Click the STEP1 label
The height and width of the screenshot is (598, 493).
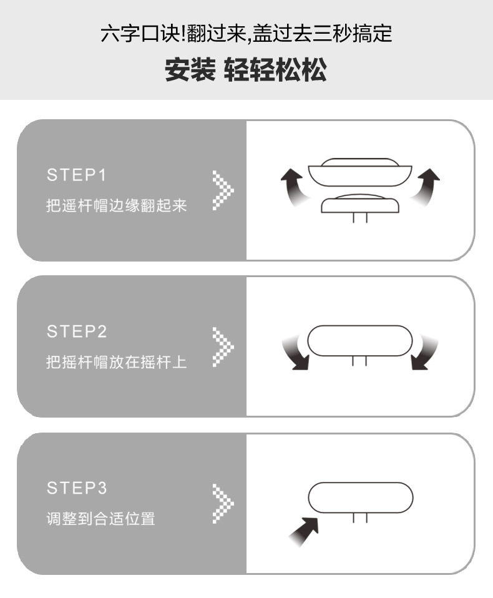[x=77, y=175]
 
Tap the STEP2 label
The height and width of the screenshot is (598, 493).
[x=77, y=331]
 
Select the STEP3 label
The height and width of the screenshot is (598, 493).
[x=77, y=488]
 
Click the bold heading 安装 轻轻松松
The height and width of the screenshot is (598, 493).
[x=246, y=71]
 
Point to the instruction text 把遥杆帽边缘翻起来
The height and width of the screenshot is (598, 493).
[x=117, y=205]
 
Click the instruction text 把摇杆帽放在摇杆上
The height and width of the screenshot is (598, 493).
[x=117, y=362]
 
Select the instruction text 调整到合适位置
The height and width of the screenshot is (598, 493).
[x=100, y=518]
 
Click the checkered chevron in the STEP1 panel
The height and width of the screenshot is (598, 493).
[x=222, y=190]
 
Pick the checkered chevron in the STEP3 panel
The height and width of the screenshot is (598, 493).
[x=222, y=502]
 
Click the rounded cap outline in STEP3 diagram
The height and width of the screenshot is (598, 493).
[x=361, y=498]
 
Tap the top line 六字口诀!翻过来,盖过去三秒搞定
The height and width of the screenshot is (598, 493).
[x=246, y=32]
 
